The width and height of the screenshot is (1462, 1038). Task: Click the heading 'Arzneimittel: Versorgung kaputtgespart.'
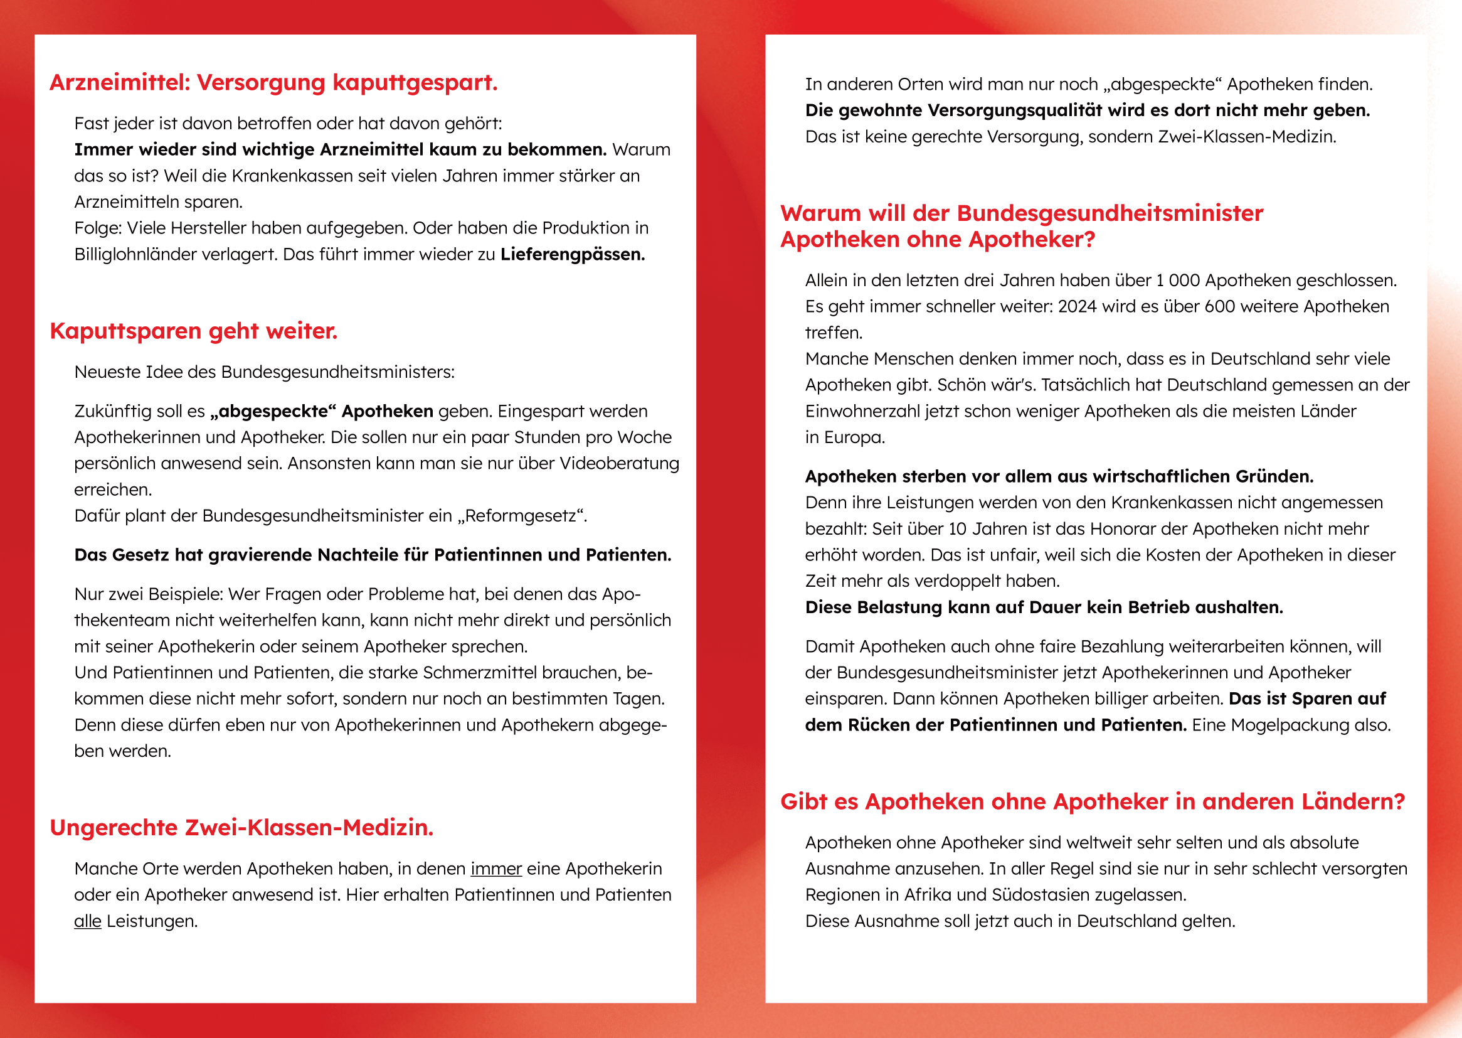click(273, 83)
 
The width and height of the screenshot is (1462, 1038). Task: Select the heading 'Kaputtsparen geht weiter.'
click(194, 331)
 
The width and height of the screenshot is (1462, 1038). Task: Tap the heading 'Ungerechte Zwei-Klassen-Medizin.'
click(241, 828)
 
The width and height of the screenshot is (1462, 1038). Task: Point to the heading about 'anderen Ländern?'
click(1092, 801)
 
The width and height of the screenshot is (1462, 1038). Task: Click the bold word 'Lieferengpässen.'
click(572, 254)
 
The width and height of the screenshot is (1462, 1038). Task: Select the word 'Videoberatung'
click(619, 463)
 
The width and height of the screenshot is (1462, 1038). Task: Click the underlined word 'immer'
click(496, 869)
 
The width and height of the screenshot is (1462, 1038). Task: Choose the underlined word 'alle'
click(88, 921)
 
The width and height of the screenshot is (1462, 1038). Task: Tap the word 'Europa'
click(854, 438)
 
